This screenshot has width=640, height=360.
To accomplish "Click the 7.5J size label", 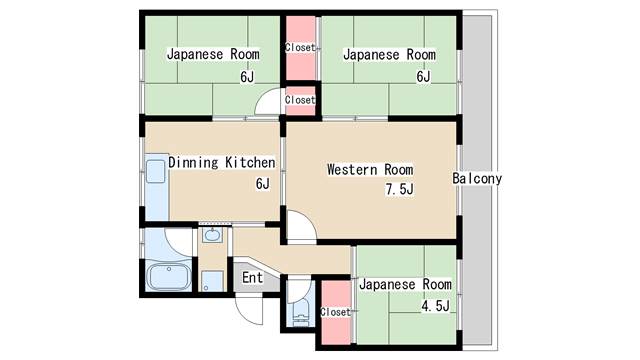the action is [x=400, y=189].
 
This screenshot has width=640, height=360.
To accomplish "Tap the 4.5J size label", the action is [x=436, y=306].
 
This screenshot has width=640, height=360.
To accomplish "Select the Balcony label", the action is [x=477, y=178].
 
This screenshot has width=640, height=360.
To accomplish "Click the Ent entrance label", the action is [x=252, y=278].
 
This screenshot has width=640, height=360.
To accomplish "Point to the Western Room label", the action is [x=370, y=169].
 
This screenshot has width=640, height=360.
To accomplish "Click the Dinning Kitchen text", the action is [x=222, y=162].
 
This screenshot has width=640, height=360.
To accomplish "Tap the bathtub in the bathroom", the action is [x=168, y=277].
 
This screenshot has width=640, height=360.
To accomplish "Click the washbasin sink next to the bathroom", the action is [x=212, y=235].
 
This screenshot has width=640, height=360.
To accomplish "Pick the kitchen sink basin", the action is [x=156, y=171].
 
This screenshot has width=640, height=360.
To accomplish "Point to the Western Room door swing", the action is [x=302, y=227].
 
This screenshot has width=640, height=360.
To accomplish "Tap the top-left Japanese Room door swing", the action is [x=268, y=101].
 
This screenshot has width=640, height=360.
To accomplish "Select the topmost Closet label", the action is [x=300, y=48].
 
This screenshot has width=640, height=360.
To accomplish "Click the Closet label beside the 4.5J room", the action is [x=336, y=312].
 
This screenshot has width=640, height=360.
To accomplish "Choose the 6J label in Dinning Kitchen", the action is [x=263, y=184].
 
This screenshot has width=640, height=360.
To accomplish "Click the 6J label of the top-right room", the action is [x=423, y=76].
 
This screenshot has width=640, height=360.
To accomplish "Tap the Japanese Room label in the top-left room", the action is [x=213, y=54].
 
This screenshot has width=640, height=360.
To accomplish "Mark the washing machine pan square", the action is [x=212, y=281].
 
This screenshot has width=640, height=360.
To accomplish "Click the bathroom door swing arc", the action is [x=178, y=242].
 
